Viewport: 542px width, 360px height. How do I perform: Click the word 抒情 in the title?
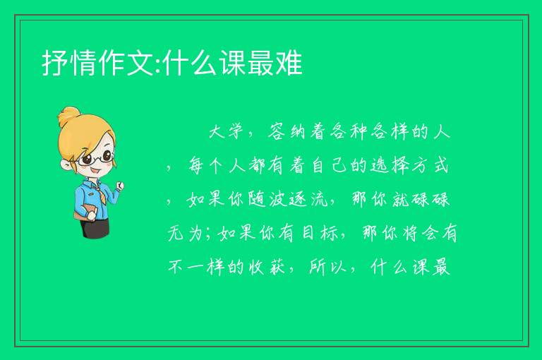click(x=70, y=63)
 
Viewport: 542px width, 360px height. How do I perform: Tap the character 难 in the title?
click(x=289, y=63)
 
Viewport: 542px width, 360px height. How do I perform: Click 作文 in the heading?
click(x=126, y=63)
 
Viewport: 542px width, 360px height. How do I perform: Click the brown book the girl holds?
click(x=83, y=212)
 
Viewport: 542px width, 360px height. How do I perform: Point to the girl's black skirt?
click(x=95, y=227)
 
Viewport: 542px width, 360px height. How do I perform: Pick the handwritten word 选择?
click(x=390, y=165)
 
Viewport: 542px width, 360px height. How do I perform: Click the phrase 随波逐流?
click(x=288, y=199)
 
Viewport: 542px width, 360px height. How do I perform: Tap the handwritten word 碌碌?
click(x=430, y=199)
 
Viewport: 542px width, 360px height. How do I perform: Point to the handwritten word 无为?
click(x=186, y=233)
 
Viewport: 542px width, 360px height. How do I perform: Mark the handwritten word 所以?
click(x=327, y=267)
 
